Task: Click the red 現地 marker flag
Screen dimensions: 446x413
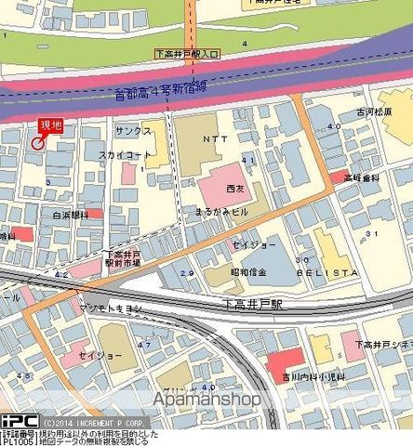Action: [50, 126]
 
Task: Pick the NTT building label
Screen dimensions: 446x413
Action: [214, 137]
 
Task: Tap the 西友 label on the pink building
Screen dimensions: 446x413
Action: [234, 188]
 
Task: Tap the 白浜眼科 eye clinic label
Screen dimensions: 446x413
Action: [70, 215]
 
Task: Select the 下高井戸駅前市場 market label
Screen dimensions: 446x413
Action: [123, 258]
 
